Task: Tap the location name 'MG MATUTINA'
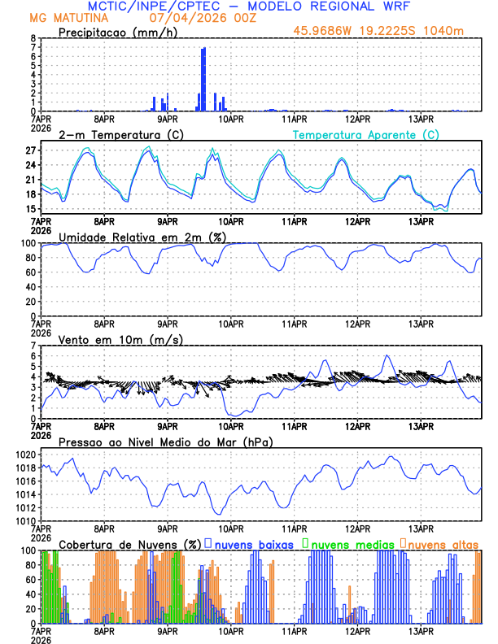point(63,18)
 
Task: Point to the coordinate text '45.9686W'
point(325,32)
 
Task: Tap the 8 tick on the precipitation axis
point(33,38)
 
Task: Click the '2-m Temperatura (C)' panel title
point(120,134)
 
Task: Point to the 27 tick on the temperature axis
point(30,150)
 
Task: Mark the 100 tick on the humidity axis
point(28,243)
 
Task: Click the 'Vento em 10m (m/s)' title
point(120,339)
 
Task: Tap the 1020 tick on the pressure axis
point(25,455)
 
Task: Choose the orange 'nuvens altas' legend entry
point(443,544)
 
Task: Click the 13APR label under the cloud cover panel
point(421,631)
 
